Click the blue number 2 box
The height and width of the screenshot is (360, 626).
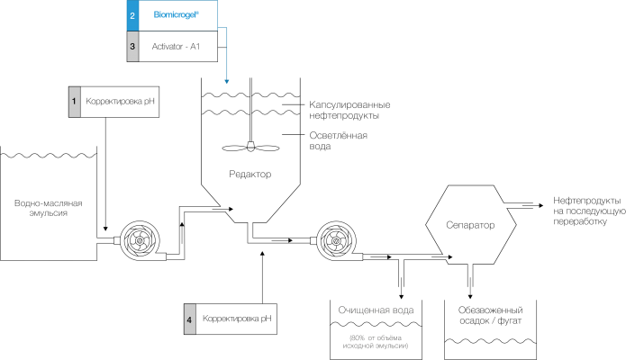(132, 15)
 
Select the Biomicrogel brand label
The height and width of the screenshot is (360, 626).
(176, 15)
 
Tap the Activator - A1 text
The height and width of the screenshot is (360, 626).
(176, 46)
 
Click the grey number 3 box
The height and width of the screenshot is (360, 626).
(132, 46)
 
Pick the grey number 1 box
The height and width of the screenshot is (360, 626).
(74, 102)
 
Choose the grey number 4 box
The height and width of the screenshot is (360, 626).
(190, 319)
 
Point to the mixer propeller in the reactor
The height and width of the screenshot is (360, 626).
(250, 148)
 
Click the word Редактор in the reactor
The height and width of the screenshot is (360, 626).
(249, 174)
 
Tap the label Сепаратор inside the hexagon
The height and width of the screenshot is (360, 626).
(470, 225)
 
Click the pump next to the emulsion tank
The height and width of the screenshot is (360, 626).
(140, 241)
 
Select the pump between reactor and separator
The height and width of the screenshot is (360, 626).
(336, 240)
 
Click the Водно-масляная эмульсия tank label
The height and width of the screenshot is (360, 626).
(49, 208)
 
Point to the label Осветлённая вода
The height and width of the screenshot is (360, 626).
(338, 141)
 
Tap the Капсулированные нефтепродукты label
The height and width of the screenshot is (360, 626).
(349, 110)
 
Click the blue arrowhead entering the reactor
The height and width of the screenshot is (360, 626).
(226, 81)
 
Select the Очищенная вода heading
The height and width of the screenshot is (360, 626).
(376, 310)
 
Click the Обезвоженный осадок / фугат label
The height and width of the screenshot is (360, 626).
(490, 315)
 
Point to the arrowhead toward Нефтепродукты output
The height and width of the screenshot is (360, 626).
(541, 205)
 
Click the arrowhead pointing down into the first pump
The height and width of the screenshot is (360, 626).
(105, 229)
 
